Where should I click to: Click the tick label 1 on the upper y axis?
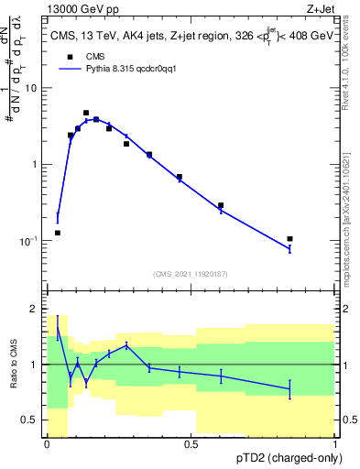(x=35, y=164)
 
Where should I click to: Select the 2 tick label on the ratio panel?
(x=35, y=309)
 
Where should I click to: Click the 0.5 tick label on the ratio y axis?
(x=30, y=420)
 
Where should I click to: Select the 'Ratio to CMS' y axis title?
(x=14, y=365)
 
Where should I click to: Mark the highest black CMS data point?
(x=86, y=113)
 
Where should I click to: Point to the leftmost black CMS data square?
(x=58, y=233)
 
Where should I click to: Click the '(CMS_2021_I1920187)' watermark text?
(x=191, y=273)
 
